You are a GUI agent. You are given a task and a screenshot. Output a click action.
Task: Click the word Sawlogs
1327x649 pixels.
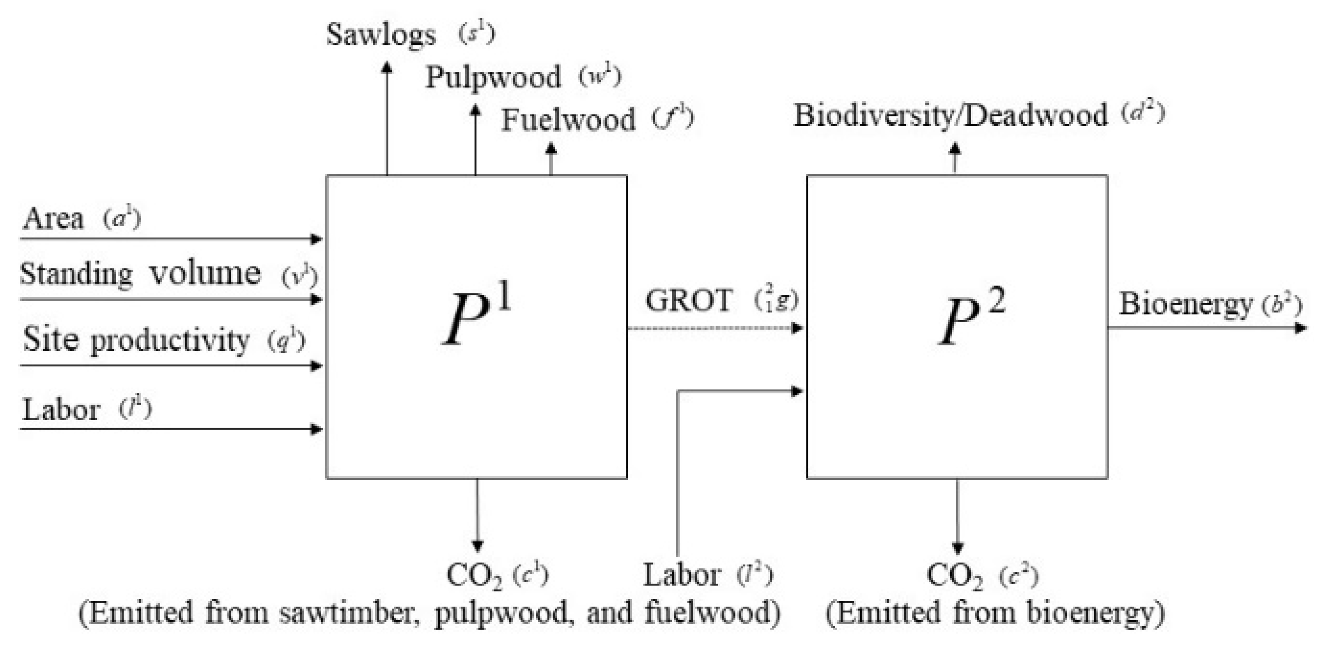(381, 35)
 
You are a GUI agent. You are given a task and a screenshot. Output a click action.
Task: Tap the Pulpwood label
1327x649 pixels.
(493, 78)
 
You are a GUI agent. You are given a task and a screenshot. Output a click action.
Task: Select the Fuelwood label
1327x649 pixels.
(568, 120)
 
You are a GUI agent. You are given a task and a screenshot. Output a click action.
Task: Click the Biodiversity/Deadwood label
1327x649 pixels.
(950, 115)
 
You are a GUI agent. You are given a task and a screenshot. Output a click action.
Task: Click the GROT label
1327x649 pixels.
(688, 300)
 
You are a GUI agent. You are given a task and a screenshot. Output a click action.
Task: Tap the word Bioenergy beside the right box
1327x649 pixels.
(1185, 304)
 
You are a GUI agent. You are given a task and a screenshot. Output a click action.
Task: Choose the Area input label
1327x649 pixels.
(52, 219)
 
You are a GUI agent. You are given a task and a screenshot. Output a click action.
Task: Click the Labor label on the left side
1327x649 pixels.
(61, 410)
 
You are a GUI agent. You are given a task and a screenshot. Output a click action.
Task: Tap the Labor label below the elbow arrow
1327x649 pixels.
(682, 575)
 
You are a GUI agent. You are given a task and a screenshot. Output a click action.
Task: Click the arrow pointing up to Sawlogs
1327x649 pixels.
(387, 119)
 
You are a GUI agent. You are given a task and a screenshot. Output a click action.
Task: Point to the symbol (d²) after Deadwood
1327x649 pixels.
(1143, 113)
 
